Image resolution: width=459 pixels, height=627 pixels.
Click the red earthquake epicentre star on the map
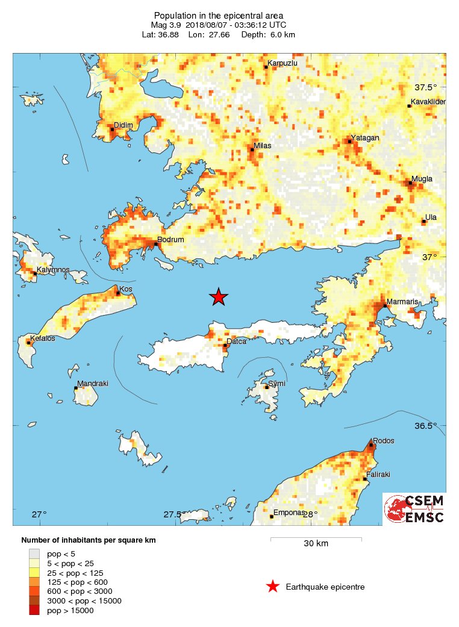pyautogui.click(x=219, y=296)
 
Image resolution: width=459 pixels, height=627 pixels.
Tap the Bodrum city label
pyautogui.click(x=170, y=239)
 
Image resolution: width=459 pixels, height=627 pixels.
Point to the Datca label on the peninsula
pyautogui.click(x=236, y=342)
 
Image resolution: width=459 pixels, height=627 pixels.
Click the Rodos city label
pyautogui.click(x=384, y=441)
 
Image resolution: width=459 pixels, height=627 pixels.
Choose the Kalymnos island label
pyautogui.click(x=54, y=270)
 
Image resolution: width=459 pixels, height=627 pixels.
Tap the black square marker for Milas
pyautogui.click(x=252, y=149)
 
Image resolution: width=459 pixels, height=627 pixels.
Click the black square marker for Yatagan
pyautogui.click(x=349, y=141)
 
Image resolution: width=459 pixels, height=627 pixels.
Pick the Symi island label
pyautogui.click(x=277, y=384)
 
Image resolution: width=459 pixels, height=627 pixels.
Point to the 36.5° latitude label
pyautogui.click(x=425, y=426)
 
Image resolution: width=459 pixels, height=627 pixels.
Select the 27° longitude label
pyautogui.click(x=40, y=514)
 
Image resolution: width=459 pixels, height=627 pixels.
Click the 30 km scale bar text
pyautogui.click(x=316, y=544)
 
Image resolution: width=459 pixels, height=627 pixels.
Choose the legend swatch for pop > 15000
pyautogui.click(x=35, y=611)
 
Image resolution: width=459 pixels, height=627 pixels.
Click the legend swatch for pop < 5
pyautogui.click(x=35, y=553)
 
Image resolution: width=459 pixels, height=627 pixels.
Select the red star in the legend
pyautogui.click(x=273, y=587)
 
